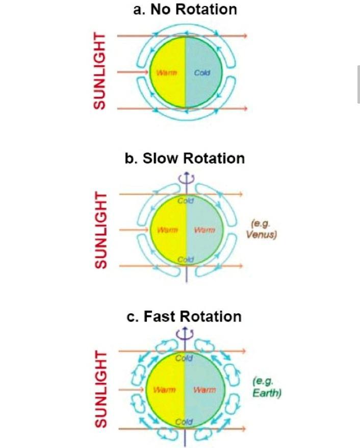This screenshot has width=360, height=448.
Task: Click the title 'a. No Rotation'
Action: coord(185,9)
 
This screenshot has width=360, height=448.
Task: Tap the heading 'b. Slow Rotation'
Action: coord(185,158)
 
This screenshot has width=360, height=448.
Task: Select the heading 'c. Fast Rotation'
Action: coord(184,316)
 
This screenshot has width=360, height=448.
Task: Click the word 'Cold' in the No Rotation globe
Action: coord(202,72)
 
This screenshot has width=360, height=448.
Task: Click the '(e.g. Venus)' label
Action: coord(261,229)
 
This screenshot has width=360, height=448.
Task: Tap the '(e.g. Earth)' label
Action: coord(267,387)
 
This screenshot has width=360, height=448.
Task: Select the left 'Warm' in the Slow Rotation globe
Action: coord(167,230)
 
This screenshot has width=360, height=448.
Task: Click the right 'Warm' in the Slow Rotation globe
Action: coord(204,230)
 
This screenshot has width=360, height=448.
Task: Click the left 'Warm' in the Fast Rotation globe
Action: coord(165,390)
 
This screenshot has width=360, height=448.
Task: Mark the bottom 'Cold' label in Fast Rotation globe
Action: coord(184,422)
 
